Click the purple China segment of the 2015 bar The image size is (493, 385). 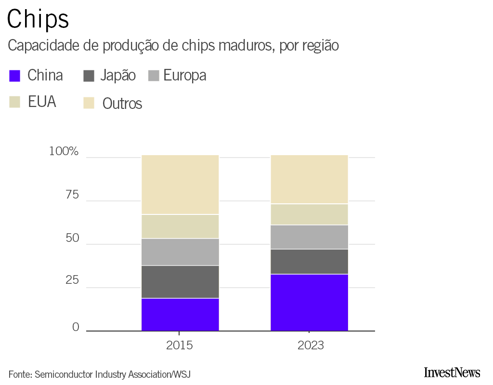tap(180, 315)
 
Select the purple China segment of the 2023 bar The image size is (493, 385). tap(309, 303)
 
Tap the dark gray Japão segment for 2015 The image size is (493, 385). tap(180, 282)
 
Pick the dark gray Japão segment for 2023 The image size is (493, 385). tap(309, 262)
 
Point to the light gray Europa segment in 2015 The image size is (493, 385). tap(180, 252)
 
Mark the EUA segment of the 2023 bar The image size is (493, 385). tap(309, 214)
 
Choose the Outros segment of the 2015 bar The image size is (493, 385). tap(180, 185)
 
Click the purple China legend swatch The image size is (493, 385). tap(15, 76)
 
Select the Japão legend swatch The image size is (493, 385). tap(89, 76)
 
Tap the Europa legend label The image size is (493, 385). tap(184, 76)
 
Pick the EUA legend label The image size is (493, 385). tap(42, 102)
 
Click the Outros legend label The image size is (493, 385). tap(122, 104)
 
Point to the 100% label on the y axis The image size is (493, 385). tap(64, 151)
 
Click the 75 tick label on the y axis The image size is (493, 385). tap(72, 195)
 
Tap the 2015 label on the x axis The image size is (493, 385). tap(180, 346)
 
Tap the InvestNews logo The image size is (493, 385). tap(452, 372)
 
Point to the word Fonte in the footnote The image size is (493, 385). tap(19, 374)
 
